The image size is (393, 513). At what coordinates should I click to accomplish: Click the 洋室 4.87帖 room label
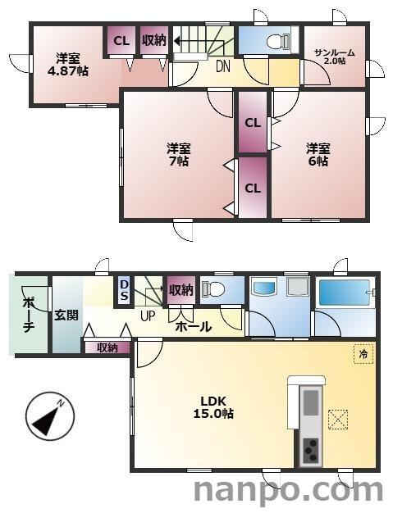68,64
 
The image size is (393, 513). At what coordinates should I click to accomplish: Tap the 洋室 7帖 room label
179,154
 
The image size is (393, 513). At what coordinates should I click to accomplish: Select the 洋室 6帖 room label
318,154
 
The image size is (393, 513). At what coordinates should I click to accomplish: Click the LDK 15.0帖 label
217,407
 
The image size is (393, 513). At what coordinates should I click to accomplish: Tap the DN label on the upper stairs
222,68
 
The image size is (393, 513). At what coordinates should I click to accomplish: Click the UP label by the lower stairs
148,316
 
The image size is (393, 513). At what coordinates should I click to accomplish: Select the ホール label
194,327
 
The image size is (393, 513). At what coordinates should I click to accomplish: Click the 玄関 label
66,315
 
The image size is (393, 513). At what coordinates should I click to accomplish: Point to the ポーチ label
28,314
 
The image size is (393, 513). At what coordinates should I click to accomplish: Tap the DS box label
124,289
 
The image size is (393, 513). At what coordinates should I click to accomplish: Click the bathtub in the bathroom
345,292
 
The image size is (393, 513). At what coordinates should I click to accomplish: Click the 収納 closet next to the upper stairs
153,40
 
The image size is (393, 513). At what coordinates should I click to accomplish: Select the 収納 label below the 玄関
107,347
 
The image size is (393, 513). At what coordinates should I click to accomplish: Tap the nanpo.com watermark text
287,491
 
